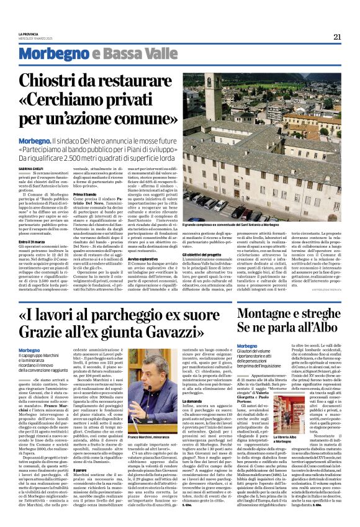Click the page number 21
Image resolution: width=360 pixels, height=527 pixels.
click(337, 37)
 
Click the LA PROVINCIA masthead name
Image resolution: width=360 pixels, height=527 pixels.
click(29, 33)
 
